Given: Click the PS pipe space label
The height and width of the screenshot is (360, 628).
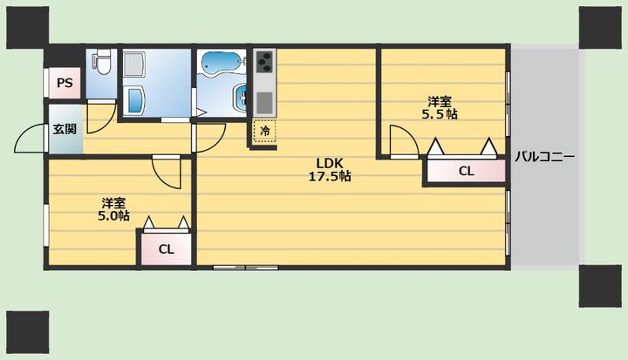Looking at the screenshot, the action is [65, 83].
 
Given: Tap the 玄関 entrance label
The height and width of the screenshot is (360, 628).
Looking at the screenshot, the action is [65, 129].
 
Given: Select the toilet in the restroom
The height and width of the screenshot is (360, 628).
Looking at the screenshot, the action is [103, 62].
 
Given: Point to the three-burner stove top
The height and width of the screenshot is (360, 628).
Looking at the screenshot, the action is [264, 61].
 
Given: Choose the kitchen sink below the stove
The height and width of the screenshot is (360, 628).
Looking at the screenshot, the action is [264, 103].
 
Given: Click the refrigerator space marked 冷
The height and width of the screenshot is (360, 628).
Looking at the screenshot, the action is [264, 131].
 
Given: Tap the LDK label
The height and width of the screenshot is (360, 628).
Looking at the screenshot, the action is [330, 163].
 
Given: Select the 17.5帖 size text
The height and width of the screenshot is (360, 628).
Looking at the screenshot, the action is [330, 176].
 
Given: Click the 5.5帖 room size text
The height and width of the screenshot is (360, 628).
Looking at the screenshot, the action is [440, 114].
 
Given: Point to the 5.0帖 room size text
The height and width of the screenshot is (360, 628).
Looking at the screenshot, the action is [113, 216].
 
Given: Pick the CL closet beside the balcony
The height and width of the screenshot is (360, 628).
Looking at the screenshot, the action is [466, 171].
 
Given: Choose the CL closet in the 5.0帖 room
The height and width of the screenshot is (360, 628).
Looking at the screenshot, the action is [167, 249].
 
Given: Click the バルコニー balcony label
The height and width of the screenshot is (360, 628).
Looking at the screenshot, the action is [544, 156].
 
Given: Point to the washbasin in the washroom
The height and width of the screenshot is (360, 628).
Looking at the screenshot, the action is [136, 100].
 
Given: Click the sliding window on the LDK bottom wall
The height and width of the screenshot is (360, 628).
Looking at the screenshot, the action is [245, 267].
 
